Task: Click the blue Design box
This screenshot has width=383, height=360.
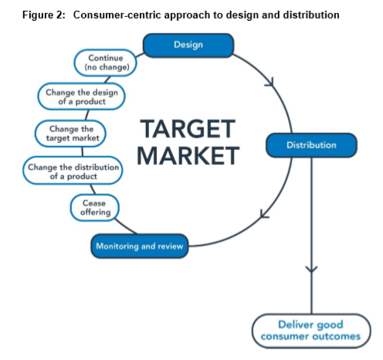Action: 188,45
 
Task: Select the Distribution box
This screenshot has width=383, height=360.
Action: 311,145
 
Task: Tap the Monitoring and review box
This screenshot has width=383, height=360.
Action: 140,246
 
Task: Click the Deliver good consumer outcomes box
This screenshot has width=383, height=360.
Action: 311,331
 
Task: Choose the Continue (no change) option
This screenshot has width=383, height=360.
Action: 106,63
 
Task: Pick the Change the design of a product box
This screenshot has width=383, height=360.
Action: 82,97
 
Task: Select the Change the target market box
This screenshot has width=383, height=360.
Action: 70,134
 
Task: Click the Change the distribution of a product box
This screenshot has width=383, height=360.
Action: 73,171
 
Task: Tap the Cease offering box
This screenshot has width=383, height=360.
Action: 95,208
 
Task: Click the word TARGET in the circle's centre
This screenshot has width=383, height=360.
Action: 188,129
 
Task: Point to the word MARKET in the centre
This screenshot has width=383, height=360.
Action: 188,155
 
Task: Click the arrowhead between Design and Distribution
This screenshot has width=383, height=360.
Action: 270,82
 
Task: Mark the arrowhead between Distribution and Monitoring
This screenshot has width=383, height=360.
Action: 264,214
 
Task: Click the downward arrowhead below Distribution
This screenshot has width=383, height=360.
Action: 311,269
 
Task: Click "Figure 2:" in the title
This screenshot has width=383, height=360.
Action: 44,15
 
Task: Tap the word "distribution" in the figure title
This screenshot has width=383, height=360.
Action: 311,15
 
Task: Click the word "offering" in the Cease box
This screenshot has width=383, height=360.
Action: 96,212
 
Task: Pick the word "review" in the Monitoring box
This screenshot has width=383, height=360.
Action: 170,246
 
